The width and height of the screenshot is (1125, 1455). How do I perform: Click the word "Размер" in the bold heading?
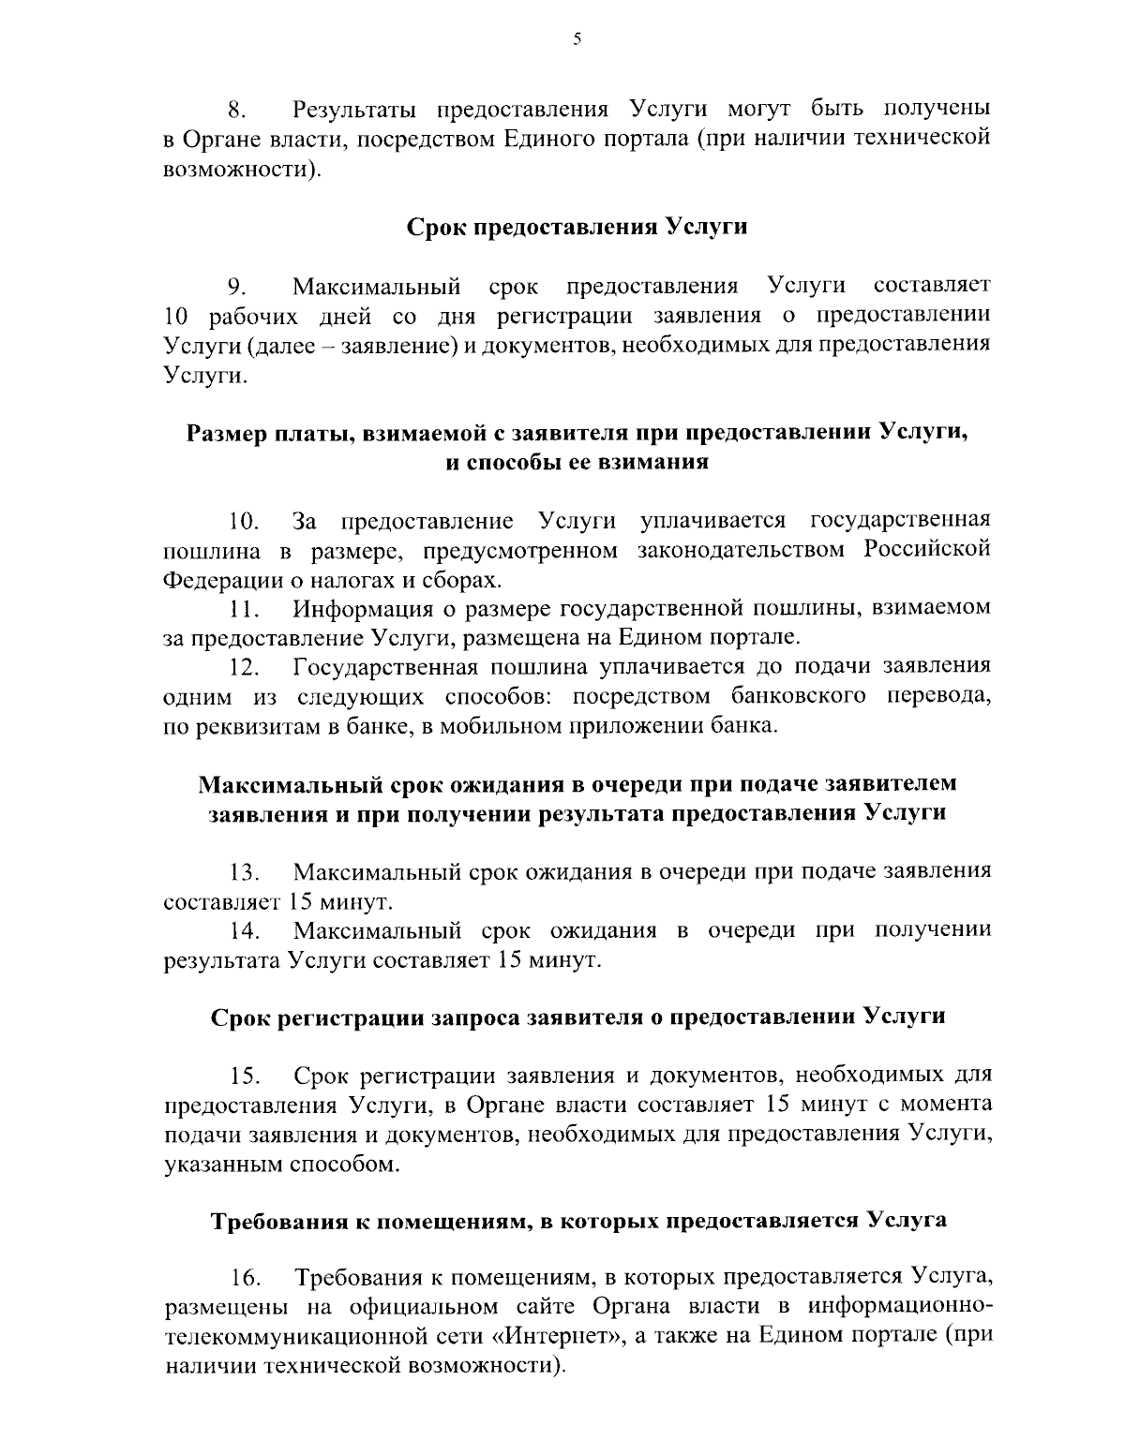[228, 433]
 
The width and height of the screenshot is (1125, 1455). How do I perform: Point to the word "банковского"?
[794, 697]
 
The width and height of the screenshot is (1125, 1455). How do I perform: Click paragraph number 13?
[242, 873]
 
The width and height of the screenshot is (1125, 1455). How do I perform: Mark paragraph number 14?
[242, 932]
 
